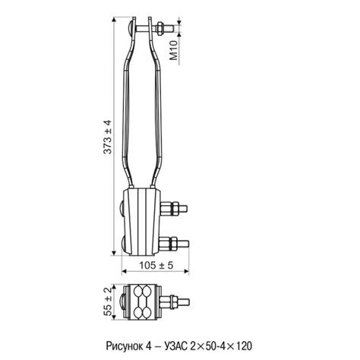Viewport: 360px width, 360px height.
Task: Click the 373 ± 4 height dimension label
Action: click(108, 137)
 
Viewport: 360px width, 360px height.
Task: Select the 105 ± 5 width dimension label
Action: click(156, 265)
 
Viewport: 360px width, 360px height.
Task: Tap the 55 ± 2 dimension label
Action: click(108, 302)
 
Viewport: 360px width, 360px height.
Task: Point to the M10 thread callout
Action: click(174, 50)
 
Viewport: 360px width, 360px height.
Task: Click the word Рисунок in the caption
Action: click(125, 346)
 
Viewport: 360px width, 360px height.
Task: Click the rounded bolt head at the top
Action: click(130, 27)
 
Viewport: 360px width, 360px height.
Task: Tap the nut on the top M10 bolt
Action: click(160, 27)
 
